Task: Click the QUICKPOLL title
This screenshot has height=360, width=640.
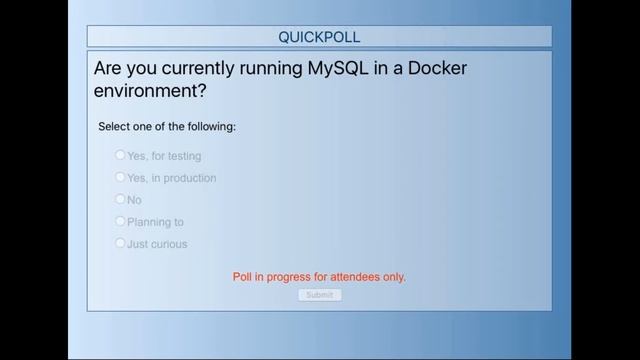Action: (x=319, y=37)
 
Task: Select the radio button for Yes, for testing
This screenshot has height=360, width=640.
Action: (x=120, y=155)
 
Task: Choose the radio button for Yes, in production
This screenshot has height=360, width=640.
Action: (x=120, y=177)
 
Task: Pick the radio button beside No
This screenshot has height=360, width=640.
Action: (x=120, y=199)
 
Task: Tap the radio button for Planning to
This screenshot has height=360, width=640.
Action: (x=120, y=221)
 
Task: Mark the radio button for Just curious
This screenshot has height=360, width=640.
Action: (x=120, y=243)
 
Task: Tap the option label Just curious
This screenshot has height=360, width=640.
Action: (x=157, y=244)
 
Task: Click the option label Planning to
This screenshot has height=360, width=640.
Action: (x=155, y=222)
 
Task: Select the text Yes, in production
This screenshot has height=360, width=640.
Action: (x=171, y=178)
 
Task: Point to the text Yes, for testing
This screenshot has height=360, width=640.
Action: (x=164, y=156)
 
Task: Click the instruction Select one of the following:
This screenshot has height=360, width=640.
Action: (x=167, y=127)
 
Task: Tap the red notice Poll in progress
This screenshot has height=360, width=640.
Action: (x=319, y=277)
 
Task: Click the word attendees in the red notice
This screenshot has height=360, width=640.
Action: (x=354, y=277)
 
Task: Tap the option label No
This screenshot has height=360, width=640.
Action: (x=134, y=200)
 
